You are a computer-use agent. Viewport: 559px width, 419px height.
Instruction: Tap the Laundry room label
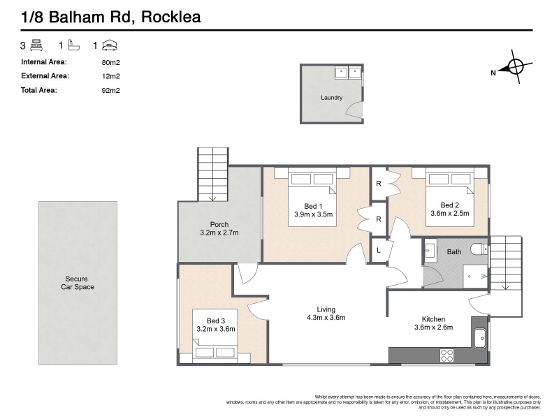[x=331, y=98]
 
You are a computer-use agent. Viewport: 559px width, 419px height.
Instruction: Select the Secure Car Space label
[x=77, y=283]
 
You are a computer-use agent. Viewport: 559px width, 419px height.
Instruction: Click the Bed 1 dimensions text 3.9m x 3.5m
[x=313, y=214]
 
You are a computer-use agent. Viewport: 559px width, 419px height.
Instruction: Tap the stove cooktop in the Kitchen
[x=447, y=355]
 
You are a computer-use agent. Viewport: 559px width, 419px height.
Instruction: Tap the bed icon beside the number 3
[x=36, y=45]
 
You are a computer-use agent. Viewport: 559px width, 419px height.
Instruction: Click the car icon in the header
[x=109, y=45]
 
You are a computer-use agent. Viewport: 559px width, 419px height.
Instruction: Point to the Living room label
[x=326, y=309]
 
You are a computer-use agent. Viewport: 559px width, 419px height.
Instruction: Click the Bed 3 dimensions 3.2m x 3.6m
[x=216, y=329]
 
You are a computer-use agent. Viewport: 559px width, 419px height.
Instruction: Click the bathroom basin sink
[x=430, y=249]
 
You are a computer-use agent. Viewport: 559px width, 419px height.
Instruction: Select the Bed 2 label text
[x=449, y=205]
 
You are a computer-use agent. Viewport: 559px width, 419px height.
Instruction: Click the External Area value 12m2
[x=110, y=75]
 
